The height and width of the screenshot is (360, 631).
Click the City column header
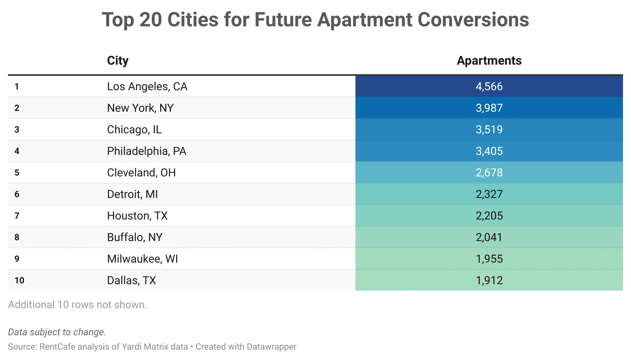tap(118, 61)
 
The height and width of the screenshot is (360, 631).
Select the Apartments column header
tap(489, 61)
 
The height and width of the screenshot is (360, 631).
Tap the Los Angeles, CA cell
tap(147, 87)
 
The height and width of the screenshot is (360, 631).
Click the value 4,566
tap(489, 87)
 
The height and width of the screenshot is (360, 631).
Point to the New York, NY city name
tap(140, 108)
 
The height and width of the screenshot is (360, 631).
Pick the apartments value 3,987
tap(489, 108)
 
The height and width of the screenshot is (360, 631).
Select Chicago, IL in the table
tap(134, 129)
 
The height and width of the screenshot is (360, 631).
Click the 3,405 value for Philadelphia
tap(489, 151)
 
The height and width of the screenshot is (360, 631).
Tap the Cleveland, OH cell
tap(141, 172)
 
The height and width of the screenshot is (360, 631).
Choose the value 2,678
tap(489, 172)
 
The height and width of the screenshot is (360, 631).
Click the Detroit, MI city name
tap(133, 194)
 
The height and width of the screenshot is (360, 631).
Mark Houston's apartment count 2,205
tap(489, 216)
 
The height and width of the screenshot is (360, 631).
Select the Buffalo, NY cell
tap(135, 237)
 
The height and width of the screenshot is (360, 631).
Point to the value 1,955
tap(489, 259)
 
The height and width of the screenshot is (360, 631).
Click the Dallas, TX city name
tap(131, 280)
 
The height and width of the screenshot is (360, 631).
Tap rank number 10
tap(20, 280)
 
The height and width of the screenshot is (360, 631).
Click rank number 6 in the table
tap(17, 194)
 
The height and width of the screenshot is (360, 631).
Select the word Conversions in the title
tap(473, 20)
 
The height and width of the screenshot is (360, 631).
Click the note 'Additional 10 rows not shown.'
tap(78, 305)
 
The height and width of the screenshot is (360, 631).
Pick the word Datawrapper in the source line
tap(272, 347)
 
